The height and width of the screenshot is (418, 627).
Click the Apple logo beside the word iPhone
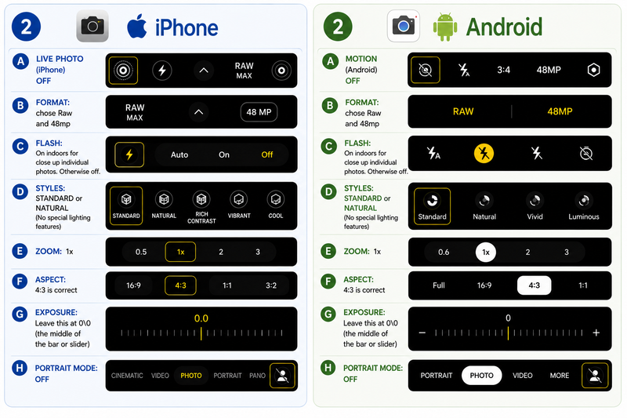point(136,26)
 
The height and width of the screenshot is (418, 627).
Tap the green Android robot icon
point(445,27)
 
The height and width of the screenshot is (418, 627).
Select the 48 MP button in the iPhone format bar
point(259,112)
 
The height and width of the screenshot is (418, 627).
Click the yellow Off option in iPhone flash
point(267,154)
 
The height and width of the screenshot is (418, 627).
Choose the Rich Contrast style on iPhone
point(201,207)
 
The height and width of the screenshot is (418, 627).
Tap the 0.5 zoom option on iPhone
point(141,252)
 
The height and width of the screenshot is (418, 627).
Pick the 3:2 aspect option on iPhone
point(271,285)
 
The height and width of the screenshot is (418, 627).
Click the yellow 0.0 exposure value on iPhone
point(201,318)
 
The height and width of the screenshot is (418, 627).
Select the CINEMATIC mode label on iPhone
point(127,376)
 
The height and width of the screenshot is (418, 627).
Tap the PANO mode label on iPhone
point(257,376)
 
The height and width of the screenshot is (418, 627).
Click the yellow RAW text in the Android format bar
point(463,111)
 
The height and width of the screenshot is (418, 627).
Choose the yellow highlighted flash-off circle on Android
point(484,153)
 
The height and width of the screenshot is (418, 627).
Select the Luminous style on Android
point(584,207)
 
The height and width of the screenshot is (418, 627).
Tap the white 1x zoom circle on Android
point(486,252)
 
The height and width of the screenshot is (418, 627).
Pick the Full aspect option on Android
point(439,285)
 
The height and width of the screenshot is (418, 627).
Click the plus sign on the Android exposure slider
point(596,333)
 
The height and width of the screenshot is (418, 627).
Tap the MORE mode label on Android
point(560,376)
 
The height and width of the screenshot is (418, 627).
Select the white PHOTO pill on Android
point(481,376)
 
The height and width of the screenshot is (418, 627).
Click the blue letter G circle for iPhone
point(20,314)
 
